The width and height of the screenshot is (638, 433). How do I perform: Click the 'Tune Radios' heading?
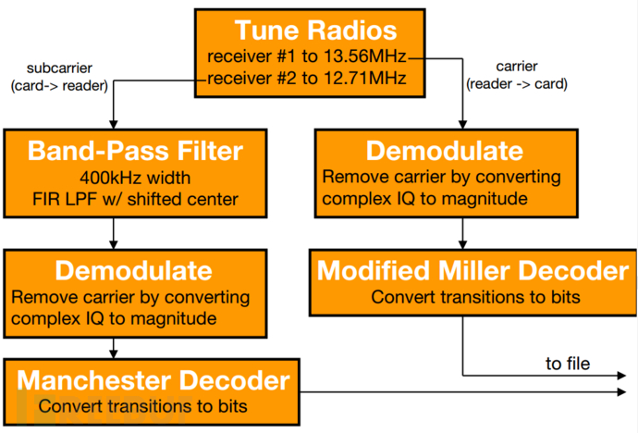[x=315, y=31]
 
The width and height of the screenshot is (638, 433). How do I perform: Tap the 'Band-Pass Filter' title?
[x=135, y=151]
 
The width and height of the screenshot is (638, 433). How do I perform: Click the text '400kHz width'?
[x=135, y=178]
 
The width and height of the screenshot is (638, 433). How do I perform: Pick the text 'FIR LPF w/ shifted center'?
[x=135, y=200]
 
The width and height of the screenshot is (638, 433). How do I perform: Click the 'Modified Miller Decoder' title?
[x=472, y=270]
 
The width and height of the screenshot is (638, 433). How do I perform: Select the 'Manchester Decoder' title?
[x=153, y=380]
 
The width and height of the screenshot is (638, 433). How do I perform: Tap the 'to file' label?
[x=568, y=364]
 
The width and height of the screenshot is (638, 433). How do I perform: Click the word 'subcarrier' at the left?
[x=59, y=68]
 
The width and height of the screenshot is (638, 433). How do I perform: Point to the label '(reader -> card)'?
[x=517, y=84]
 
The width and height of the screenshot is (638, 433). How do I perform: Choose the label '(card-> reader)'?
[x=59, y=86]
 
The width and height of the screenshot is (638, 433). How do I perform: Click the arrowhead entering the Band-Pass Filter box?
[x=114, y=125]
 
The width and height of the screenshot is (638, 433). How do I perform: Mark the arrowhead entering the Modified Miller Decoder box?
[x=462, y=244]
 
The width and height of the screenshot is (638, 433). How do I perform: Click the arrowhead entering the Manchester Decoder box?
[x=114, y=354]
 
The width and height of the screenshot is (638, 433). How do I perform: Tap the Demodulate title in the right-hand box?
[x=445, y=151]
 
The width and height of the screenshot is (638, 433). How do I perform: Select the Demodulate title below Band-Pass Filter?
[x=133, y=270]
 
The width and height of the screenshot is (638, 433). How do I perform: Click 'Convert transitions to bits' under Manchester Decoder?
[x=142, y=406]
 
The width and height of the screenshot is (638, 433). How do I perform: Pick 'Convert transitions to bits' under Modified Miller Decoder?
[x=475, y=297]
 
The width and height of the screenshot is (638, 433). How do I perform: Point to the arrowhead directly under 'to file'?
[x=621, y=376]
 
